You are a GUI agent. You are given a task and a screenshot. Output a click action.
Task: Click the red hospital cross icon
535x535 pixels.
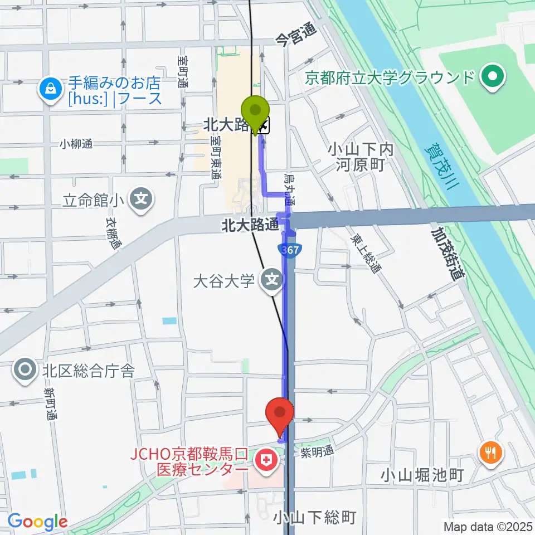[265, 460]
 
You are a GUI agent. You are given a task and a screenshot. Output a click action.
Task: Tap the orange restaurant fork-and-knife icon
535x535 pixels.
[490, 451]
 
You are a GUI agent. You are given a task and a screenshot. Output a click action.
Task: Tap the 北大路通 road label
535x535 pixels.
[250, 225]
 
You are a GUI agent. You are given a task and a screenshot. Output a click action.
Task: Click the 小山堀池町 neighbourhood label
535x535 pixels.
[423, 475]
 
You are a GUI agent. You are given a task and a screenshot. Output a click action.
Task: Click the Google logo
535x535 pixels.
[37, 522]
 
